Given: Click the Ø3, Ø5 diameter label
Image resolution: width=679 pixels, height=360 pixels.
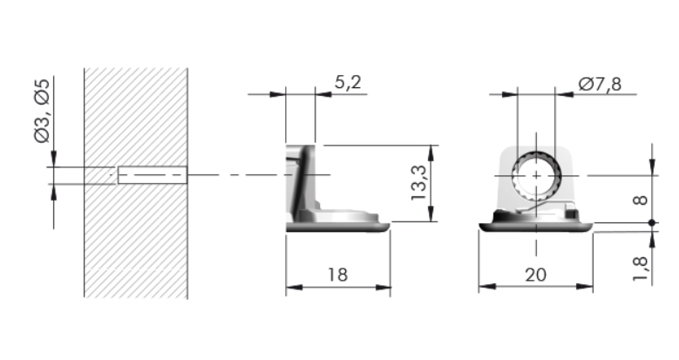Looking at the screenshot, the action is [42, 111].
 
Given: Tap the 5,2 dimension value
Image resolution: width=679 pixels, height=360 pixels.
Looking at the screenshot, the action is [348, 82].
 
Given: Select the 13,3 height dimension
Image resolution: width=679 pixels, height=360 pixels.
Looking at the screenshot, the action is [419, 183].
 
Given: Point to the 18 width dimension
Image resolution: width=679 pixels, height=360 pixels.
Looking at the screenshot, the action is [338, 275].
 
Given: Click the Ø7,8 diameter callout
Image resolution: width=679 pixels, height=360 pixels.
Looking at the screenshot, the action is [601, 84].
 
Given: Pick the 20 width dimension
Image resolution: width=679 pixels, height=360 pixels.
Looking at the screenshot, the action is [536, 275].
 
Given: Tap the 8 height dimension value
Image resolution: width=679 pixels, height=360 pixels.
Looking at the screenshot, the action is [641, 200].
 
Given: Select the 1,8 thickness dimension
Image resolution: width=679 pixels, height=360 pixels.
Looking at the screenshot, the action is [641, 268].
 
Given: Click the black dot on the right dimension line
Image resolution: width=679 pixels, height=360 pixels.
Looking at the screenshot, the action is [652, 222].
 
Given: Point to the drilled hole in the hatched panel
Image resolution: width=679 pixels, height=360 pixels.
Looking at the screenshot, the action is [153, 175].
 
